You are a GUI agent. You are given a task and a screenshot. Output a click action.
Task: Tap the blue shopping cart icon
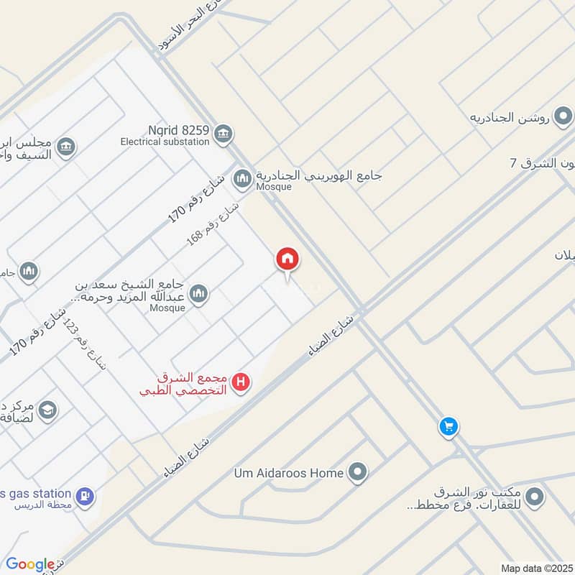[448, 427]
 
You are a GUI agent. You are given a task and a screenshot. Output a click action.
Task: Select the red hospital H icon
[242, 382]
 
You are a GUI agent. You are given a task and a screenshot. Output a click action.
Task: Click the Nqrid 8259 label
[180, 131]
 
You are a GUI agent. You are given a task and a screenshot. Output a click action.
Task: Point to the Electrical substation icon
[224, 132]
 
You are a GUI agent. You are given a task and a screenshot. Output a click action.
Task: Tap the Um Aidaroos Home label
[289, 473]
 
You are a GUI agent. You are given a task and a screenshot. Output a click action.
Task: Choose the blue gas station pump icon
[85, 495]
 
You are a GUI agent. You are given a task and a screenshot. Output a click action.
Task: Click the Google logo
[30, 564]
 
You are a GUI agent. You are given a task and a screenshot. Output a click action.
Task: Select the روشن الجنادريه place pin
[564, 115]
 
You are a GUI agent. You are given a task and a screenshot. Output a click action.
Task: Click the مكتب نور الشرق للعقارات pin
[534, 496]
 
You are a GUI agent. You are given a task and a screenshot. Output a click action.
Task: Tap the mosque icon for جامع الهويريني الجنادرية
[242, 177]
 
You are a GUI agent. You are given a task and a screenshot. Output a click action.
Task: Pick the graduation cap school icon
[48, 410]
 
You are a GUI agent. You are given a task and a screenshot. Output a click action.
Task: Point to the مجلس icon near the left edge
[66, 147]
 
